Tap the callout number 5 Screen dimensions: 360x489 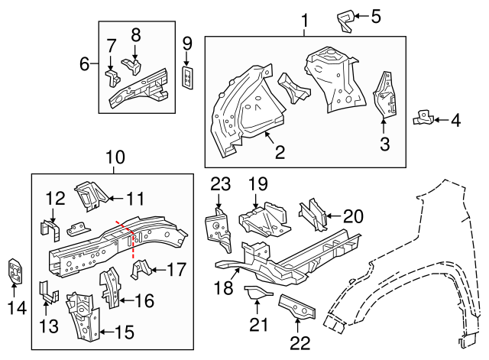click(x=375, y=15)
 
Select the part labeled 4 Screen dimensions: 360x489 click(x=423, y=118)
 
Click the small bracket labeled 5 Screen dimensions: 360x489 click(x=347, y=18)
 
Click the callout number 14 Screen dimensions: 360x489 click(x=15, y=308)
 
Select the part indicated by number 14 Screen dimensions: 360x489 click(x=15, y=271)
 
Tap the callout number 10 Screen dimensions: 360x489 click(x=114, y=157)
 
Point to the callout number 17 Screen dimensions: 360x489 click(x=176, y=269)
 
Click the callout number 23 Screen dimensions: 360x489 click(x=220, y=183)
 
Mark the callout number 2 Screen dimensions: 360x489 click(x=280, y=152)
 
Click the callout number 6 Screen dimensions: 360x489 click(x=85, y=64)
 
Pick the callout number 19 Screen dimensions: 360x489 click(x=258, y=183)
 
